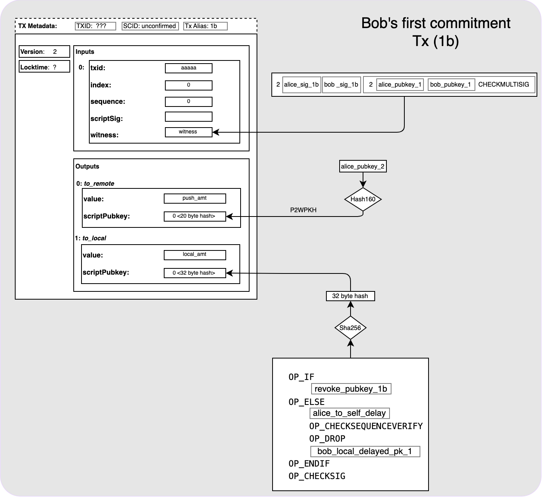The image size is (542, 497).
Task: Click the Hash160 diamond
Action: pyautogui.click(x=363, y=199)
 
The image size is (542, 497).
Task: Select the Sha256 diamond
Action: pyautogui.click(x=350, y=328)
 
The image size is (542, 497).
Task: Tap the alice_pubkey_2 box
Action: pyautogui.click(x=363, y=167)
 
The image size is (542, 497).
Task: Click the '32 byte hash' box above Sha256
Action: pyautogui.click(x=350, y=296)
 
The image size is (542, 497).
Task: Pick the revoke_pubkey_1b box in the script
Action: pyautogui.click(x=351, y=389)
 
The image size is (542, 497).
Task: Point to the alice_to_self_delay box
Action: pyautogui.click(x=349, y=413)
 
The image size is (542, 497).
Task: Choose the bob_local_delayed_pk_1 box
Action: pyautogui.click(x=365, y=451)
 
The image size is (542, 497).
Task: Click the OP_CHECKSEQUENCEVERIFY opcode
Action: pyautogui.click(x=366, y=426)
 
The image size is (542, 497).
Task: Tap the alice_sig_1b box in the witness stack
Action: pyautogui.click(x=301, y=84)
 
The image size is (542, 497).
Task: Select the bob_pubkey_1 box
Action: pyautogui.click(x=451, y=84)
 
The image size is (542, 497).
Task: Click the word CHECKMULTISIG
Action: pyautogui.click(x=503, y=84)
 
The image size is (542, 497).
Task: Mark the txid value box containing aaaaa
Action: pyautogui.click(x=189, y=68)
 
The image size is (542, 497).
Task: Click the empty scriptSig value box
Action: pyautogui.click(x=189, y=117)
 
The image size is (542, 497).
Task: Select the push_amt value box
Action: pyautogui.click(x=195, y=198)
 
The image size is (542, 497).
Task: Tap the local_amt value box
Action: pyautogui.click(x=195, y=255)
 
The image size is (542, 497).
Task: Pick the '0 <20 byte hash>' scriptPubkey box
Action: pyautogui.click(x=195, y=216)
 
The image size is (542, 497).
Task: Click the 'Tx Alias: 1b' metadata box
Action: pyautogui.click(x=205, y=26)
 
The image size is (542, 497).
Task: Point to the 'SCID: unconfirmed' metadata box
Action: pyautogui.click(x=150, y=26)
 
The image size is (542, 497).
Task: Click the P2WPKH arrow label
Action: pyautogui.click(x=303, y=210)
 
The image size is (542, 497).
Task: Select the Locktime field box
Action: pyautogui.click(x=44, y=67)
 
